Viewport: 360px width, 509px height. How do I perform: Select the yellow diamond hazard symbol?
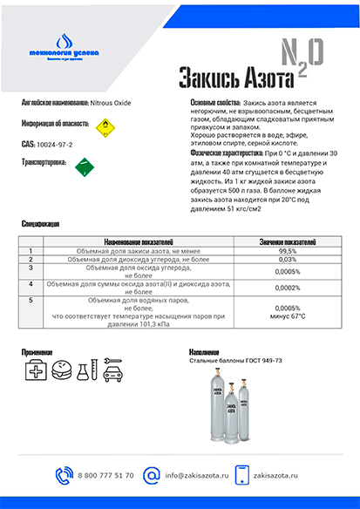[x=105, y=126]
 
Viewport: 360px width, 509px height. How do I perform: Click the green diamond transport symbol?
[x=85, y=166]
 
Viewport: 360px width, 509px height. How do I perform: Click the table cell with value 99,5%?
[x=288, y=250]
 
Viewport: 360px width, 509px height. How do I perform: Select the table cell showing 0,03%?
[x=288, y=259]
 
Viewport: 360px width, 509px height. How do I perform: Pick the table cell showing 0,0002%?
[x=288, y=288]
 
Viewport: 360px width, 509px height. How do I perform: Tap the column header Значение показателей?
[x=288, y=241]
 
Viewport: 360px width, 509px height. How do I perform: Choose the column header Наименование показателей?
[x=139, y=241]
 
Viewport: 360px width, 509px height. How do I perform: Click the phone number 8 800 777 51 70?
[x=105, y=475]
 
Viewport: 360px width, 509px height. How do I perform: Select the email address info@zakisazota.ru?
[x=196, y=475]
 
